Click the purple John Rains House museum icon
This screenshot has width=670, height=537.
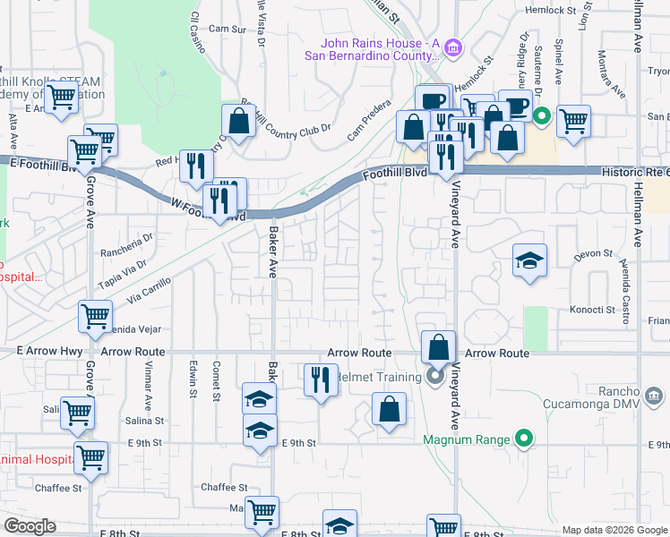point(453,47)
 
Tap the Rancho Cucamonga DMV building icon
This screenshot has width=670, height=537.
point(654,395)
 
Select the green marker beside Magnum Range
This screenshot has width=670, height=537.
point(525,439)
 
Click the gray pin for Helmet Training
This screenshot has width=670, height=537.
point(435,377)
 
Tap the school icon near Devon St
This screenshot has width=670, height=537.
point(529,260)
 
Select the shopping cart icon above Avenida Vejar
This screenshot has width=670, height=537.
point(95,315)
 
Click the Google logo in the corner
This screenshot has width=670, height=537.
point(30,526)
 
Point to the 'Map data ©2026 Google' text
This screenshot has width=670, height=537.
point(614,530)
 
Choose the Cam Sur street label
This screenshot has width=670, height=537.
point(227,29)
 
